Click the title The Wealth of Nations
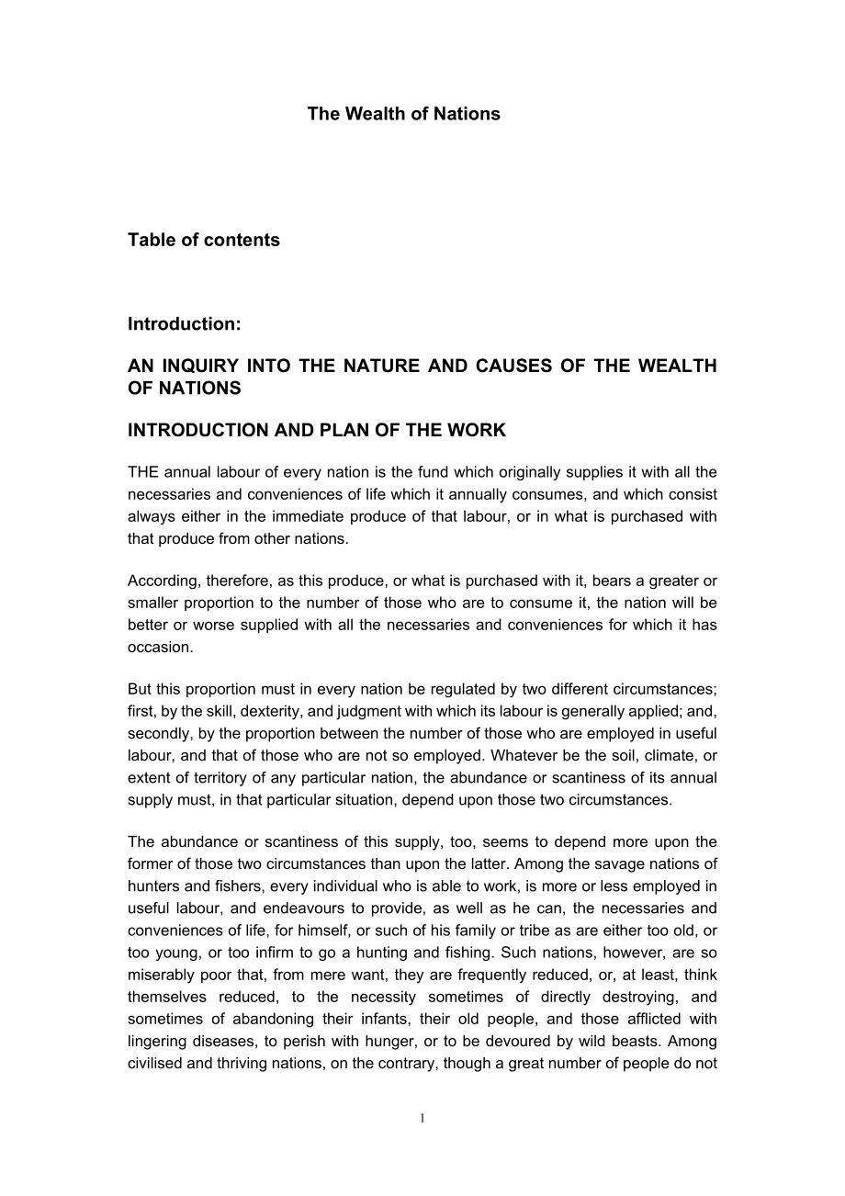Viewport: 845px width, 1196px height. [403, 114]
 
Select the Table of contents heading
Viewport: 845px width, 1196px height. [203, 240]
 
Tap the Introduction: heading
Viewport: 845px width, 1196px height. [184, 323]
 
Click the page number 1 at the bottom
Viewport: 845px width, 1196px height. [422, 1118]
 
